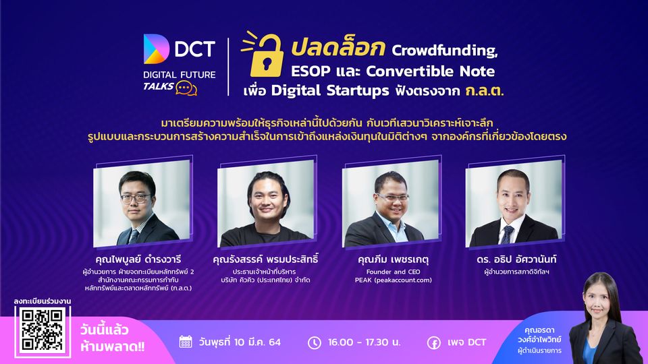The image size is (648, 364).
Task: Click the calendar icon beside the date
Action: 186,342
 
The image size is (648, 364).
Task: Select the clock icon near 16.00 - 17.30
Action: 315,342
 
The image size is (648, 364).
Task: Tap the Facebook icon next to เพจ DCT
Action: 433,342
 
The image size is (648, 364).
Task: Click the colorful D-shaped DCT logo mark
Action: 156,49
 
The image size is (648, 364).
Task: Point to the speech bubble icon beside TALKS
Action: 186,88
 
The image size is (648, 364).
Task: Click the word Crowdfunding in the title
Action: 445,51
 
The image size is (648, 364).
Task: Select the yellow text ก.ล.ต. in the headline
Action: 485,90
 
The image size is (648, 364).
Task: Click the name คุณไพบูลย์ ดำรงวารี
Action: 138,260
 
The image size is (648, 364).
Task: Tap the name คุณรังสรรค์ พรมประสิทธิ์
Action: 265,259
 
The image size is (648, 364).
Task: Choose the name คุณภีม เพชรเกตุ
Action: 393,260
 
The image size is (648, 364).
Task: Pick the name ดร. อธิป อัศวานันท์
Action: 516,259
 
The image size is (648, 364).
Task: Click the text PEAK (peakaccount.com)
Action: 393,280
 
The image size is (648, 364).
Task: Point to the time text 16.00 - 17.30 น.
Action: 364,342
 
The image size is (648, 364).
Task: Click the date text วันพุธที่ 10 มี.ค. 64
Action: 240,342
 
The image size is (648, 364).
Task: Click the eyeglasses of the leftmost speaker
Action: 136,198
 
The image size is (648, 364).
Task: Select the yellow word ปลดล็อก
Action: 338,47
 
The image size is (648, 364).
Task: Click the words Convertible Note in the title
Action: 430,71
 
